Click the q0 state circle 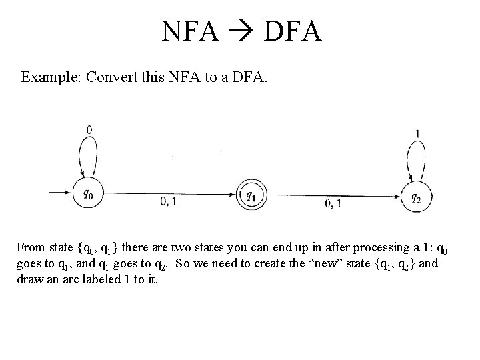click(x=89, y=195)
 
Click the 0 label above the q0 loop click(x=89, y=129)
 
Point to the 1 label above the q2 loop click(x=417, y=134)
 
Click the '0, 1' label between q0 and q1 click(x=169, y=201)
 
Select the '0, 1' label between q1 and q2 click(x=333, y=203)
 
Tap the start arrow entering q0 click(x=60, y=194)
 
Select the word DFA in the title click(x=293, y=31)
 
